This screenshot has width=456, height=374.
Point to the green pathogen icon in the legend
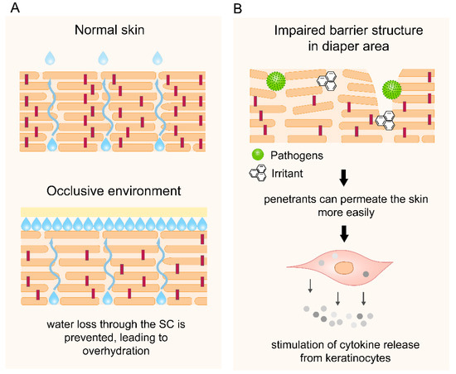point(259,155)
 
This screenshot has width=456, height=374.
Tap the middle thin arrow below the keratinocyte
point(339,295)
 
